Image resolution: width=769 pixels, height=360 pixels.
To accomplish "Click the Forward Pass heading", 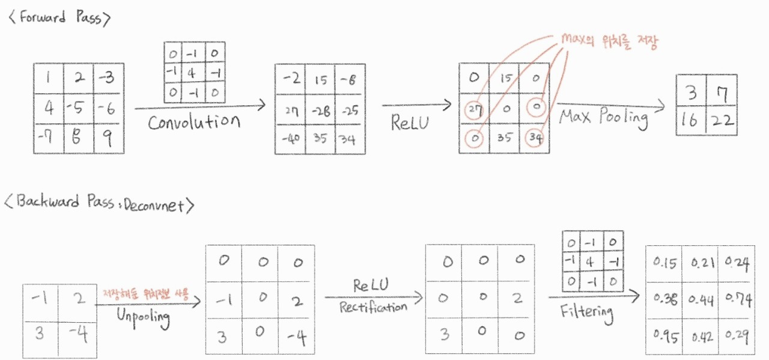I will [x=59, y=17].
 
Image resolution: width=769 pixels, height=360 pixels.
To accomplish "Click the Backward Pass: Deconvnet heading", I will [x=99, y=204].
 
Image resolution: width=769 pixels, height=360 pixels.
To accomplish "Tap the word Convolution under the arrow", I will [x=194, y=122].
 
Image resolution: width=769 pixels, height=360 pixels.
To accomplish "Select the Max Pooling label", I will [x=604, y=117].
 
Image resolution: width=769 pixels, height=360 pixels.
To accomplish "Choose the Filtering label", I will [x=586, y=312].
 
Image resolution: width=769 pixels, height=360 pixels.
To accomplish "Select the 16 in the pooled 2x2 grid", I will [x=691, y=120].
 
